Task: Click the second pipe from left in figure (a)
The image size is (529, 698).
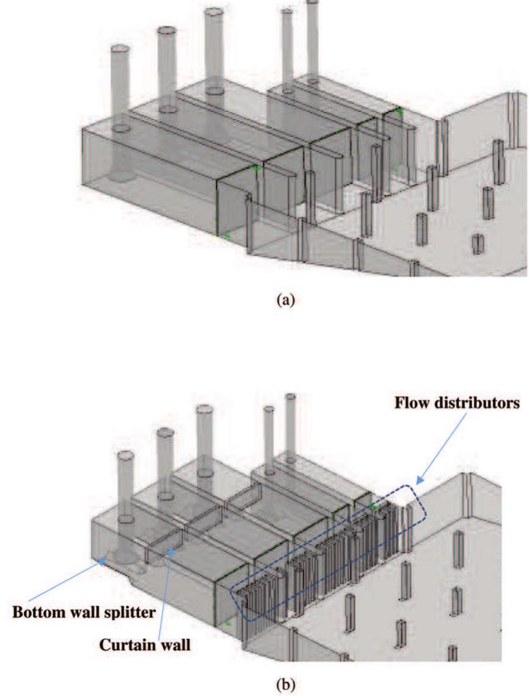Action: click(167, 65)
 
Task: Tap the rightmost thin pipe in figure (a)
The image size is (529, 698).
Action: click(312, 39)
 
